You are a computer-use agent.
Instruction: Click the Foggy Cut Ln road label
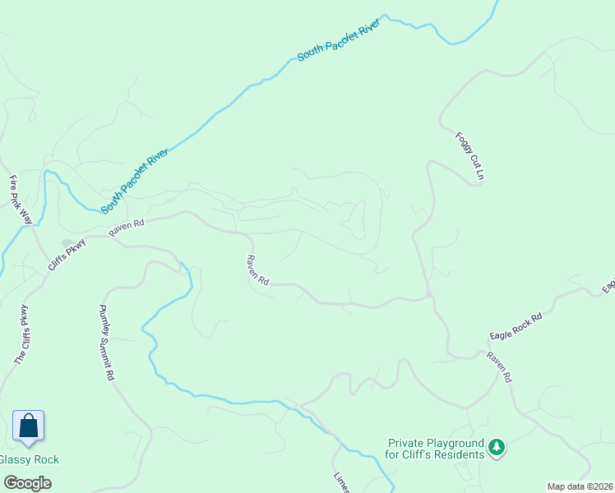tap(468, 157)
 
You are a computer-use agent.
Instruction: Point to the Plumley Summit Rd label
tap(106, 343)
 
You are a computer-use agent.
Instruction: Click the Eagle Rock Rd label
tap(516, 326)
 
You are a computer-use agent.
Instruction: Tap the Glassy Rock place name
tap(30, 460)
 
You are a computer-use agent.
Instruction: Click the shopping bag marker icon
tap(28, 426)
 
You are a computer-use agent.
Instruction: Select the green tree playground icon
tap(496, 448)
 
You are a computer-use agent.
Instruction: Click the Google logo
tap(28, 483)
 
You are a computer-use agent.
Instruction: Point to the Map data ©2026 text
tap(580, 486)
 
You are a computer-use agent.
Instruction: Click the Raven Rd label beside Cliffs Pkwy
tap(127, 228)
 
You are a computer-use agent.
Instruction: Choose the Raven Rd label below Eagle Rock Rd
tap(499, 366)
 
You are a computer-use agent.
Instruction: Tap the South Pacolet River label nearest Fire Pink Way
tap(135, 180)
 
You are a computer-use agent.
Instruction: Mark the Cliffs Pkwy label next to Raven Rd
tap(67, 248)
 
